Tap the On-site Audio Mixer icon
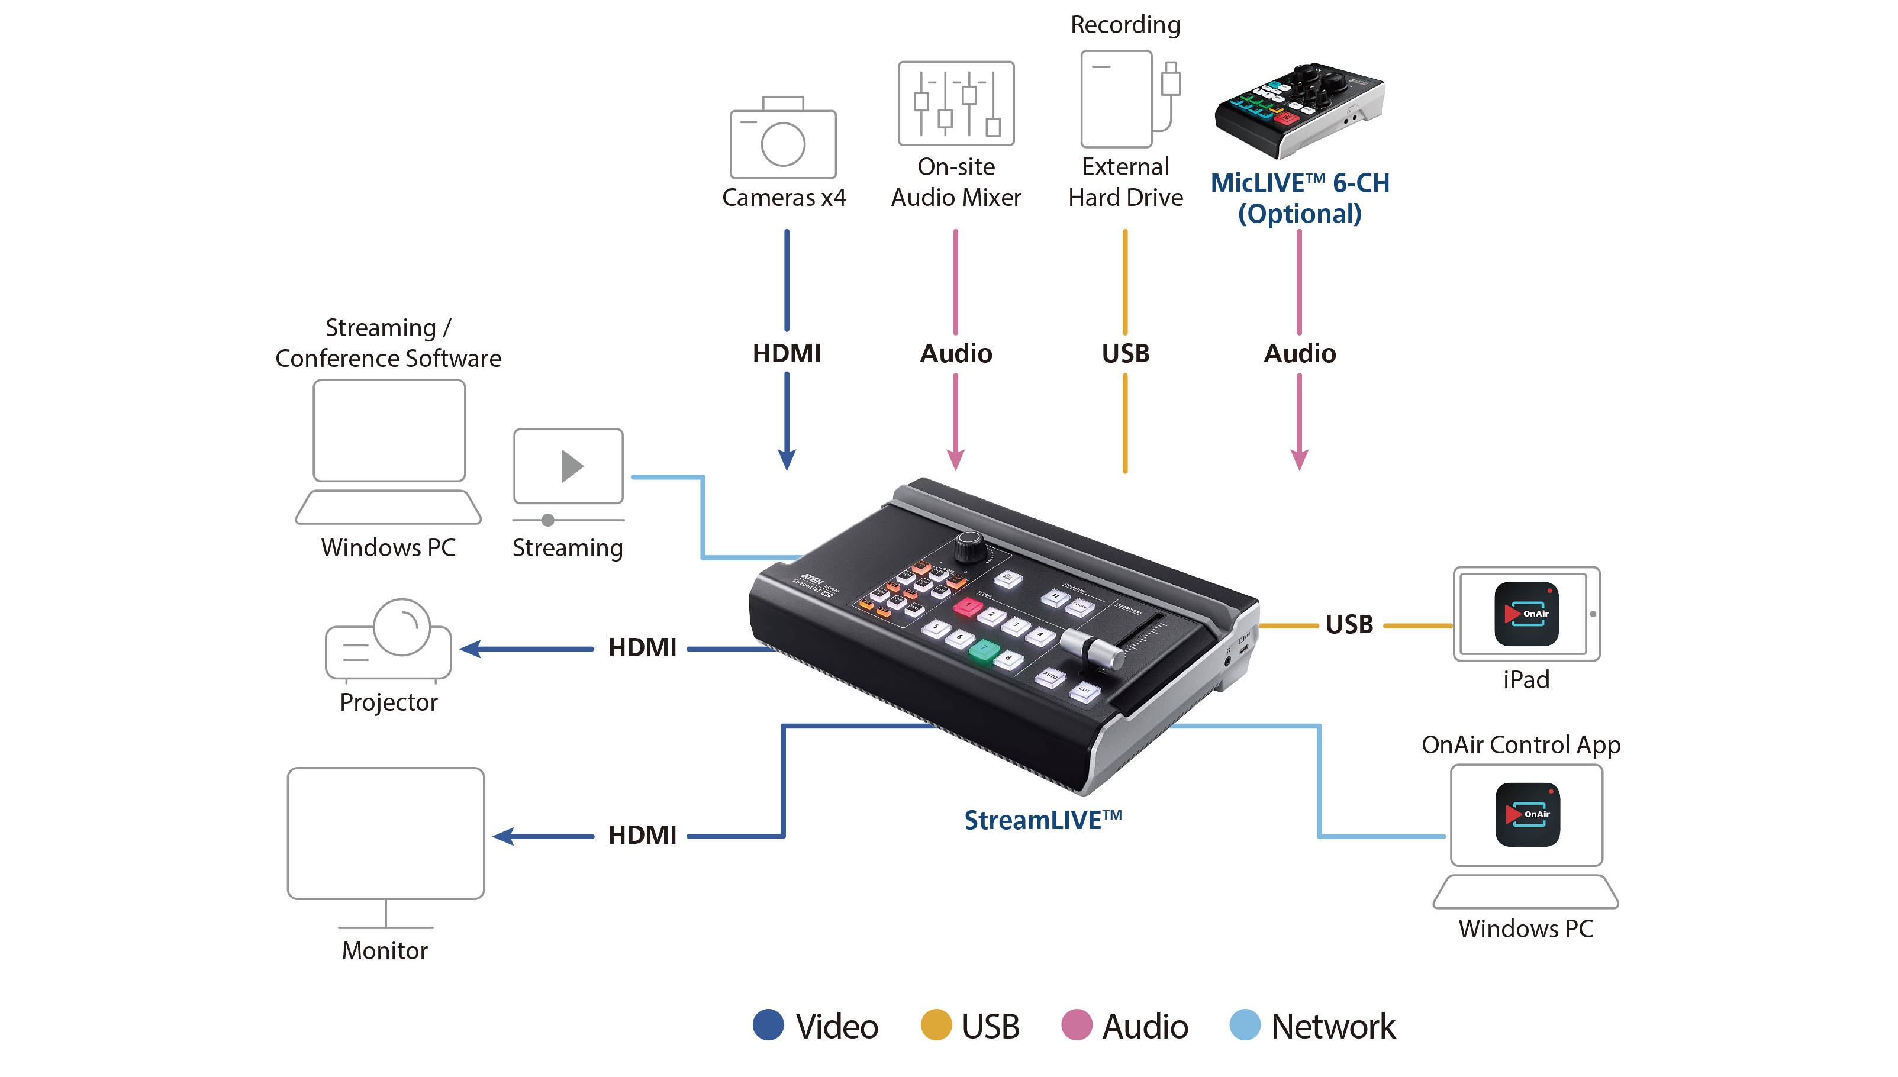pos(956,104)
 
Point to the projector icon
pos(388,640)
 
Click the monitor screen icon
pos(385,834)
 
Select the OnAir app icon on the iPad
pos(1526,614)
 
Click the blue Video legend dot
pos(768,1025)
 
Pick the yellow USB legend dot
pos(936,1025)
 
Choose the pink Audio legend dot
pos(1076,1025)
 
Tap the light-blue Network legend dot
pos(1244,1025)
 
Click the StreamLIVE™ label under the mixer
pos(1042,820)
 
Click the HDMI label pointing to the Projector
pos(642,648)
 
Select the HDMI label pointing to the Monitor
pos(642,835)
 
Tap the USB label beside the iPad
pos(1349,625)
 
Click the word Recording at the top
pos(1125,25)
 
